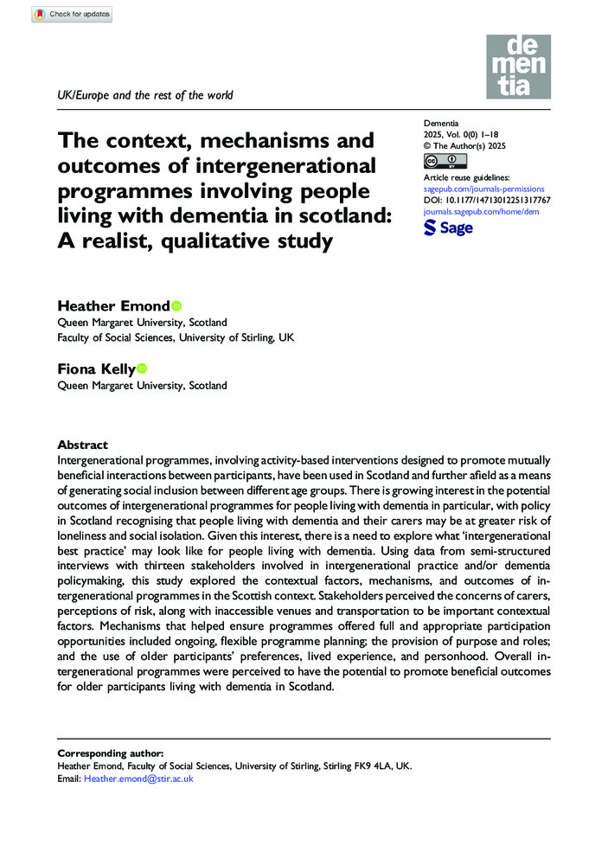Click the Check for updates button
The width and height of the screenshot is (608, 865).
(72, 14)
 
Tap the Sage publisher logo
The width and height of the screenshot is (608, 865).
(448, 227)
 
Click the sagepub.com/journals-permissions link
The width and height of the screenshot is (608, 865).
(483, 188)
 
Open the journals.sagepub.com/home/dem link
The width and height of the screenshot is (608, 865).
(480, 211)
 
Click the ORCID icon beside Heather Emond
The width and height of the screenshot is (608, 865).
(176, 305)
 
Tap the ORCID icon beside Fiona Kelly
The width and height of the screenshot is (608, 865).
(142, 369)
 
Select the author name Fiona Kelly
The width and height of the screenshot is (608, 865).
(95, 369)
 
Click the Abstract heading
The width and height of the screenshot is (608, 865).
(82, 445)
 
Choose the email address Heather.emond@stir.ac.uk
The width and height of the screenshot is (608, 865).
(138, 778)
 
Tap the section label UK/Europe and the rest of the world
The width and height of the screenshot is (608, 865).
(144, 95)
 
